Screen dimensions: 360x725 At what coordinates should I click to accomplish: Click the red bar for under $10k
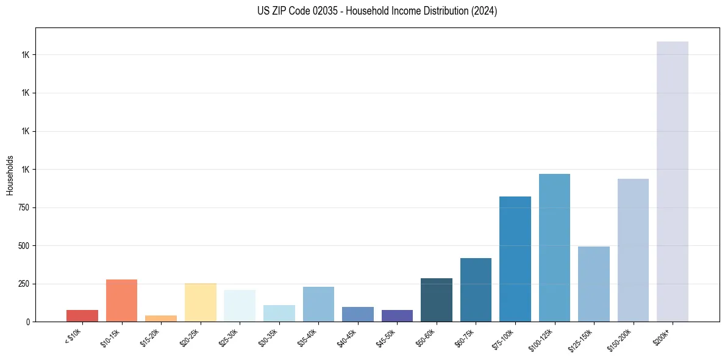tap(82, 315)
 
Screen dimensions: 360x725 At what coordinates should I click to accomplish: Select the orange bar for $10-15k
tap(121, 300)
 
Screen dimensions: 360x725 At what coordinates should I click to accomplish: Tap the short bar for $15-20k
tap(161, 319)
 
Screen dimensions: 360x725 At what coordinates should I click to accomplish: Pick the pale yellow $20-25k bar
tap(201, 302)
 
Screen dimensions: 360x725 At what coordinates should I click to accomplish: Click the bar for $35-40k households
tap(318, 304)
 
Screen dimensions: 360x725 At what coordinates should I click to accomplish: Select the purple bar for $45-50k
tap(397, 315)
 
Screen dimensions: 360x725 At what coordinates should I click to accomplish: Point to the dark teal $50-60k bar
tap(437, 300)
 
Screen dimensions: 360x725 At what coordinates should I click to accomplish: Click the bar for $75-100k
tap(515, 259)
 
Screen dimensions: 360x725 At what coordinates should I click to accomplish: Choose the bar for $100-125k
tap(554, 248)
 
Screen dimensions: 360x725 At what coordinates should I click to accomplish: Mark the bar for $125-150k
tap(594, 284)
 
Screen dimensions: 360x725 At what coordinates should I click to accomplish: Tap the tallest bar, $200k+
tap(673, 181)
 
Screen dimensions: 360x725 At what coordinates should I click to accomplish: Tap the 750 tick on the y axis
tap(24, 207)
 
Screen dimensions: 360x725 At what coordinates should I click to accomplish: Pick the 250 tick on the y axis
tap(24, 284)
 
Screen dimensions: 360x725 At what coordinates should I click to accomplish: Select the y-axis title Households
tap(10, 175)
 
